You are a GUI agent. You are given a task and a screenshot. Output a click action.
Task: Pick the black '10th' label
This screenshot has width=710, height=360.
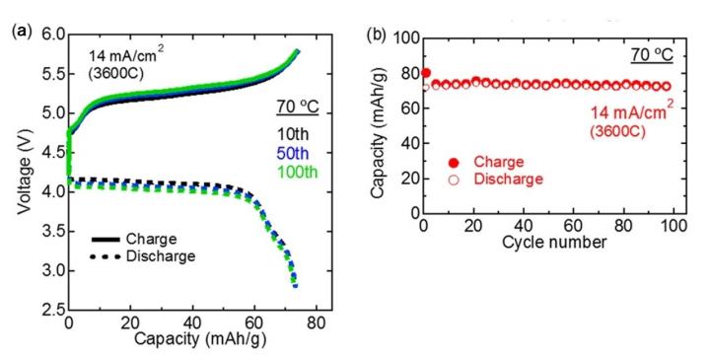(290, 133)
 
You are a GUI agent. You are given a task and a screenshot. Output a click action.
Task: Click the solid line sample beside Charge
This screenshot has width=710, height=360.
(109, 240)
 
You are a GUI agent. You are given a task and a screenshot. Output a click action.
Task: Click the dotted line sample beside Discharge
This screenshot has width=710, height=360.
(109, 257)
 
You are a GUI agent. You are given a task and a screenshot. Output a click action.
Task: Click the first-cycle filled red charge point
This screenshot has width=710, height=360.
(426, 73)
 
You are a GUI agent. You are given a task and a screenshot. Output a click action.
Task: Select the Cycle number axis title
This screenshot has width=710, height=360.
(550, 243)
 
